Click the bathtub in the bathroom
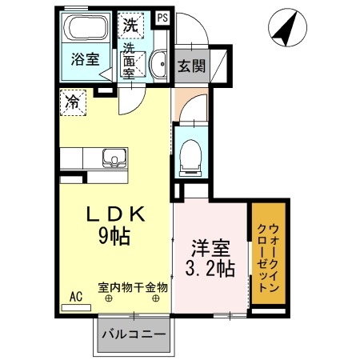[x=86, y=31]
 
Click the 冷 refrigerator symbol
[x=72, y=102]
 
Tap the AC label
[x=76, y=297]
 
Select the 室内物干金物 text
[x=132, y=286]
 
